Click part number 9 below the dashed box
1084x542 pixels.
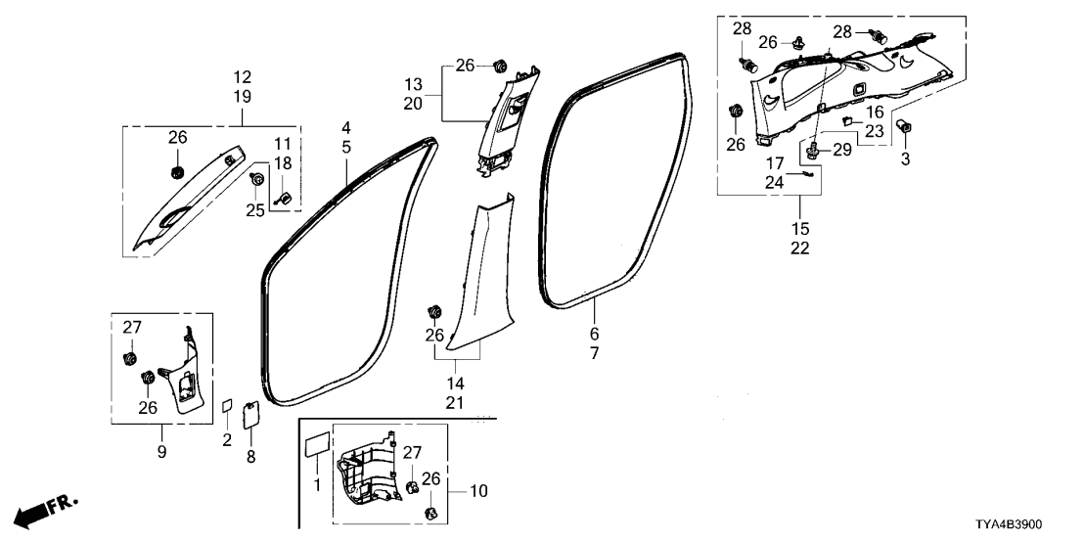pos(162,452)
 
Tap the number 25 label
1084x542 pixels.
pos(254,210)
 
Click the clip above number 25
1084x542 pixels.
pos(256,180)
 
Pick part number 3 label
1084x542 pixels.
pos(905,159)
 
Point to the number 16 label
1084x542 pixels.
pos(874,112)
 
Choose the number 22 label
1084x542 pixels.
pos(800,248)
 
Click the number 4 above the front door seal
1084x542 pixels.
pos(344,128)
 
